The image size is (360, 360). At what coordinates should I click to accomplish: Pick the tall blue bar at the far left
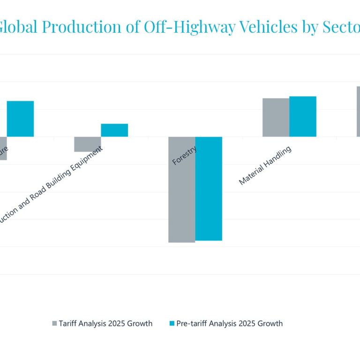tap(20, 119)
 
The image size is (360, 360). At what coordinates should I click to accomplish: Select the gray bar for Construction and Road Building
tap(88, 144)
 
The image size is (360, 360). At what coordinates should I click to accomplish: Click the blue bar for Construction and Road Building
tap(114, 130)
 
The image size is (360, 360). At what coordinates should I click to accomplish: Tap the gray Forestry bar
tap(181, 189)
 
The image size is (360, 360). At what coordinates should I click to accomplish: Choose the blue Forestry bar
tap(209, 188)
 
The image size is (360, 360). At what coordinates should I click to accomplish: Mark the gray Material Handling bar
tap(276, 117)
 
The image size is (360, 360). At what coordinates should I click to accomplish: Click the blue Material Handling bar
tap(303, 116)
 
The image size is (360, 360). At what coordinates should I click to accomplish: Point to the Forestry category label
tap(184, 156)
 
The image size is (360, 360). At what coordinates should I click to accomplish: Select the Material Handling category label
tap(265, 165)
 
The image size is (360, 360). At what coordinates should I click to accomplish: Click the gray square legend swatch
tap(54, 323)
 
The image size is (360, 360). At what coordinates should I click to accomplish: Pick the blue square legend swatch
tap(172, 323)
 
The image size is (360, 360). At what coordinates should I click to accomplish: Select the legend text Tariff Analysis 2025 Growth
tap(105, 323)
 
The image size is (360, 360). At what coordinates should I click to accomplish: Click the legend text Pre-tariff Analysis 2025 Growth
tap(229, 323)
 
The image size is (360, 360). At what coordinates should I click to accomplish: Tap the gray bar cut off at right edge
tap(358, 112)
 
